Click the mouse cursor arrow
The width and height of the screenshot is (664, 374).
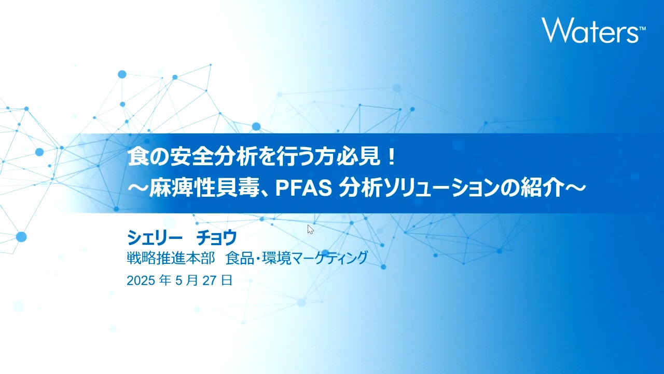pos(310,230)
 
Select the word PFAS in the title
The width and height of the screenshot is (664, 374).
pos(303,189)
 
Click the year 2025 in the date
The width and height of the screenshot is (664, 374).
pos(141,280)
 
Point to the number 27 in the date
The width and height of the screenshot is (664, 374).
pos(209,280)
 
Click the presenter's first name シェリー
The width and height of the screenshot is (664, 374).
pos(155,238)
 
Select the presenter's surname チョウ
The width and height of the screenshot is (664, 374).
pos(217,238)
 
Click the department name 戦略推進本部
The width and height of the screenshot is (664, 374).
pos(171,258)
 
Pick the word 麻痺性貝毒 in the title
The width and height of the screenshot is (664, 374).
pos(204,189)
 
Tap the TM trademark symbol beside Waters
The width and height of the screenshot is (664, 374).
pos(642,29)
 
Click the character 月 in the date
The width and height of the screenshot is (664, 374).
pos(192,280)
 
